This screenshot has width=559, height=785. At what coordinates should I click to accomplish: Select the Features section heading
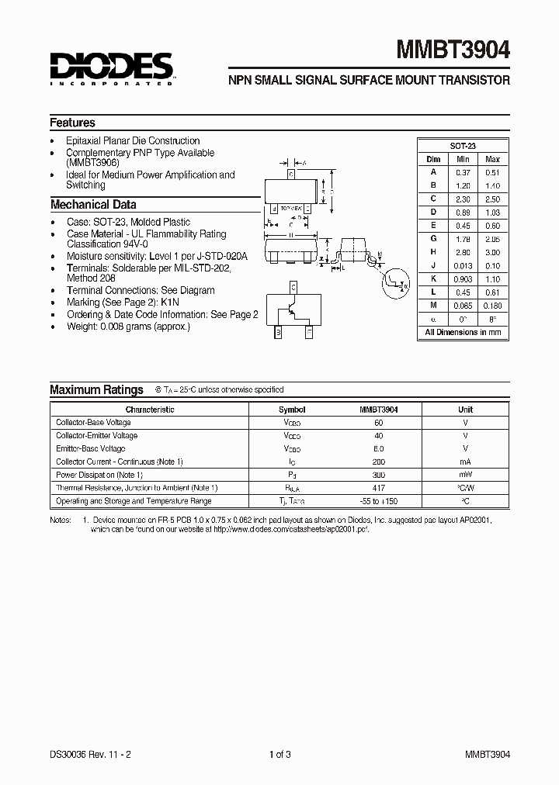pyautogui.click(x=73, y=123)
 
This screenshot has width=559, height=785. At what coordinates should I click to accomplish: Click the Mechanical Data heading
pyautogui.click(x=93, y=205)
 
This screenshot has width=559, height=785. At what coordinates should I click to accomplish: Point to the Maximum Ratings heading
pyautogui.click(x=96, y=390)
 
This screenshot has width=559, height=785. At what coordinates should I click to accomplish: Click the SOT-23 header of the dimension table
pyautogui.click(x=463, y=146)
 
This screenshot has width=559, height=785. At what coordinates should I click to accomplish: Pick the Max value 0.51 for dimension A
pyautogui.click(x=492, y=172)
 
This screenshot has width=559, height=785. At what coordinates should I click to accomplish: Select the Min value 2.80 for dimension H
pyautogui.click(x=464, y=252)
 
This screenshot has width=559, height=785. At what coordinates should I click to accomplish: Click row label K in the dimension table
pyautogui.click(x=434, y=278)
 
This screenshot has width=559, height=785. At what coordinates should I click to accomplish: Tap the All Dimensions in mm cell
pyautogui.click(x=463, y=332)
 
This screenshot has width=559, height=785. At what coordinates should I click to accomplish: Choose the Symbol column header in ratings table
pyautogui.click(x=292, y=410)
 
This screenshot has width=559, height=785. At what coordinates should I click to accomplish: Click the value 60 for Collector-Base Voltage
pyautogui.click(x=378, y=423)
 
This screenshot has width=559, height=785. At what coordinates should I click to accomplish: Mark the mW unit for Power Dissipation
pyautogui.click(x=465, y=475)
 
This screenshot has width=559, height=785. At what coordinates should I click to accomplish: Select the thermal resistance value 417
pyautogui.click(x=378, y=488)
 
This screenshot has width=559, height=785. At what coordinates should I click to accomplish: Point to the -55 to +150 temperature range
pyautogui.click(x=378, y=501)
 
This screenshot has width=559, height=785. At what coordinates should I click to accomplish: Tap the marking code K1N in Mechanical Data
pyautogui.click(x=170, y=302)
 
